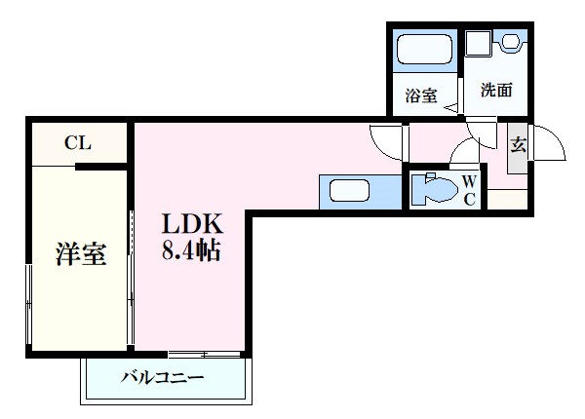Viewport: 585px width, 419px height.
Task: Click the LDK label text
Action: (193, 222)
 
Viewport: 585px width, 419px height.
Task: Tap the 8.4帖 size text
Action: (192, 250)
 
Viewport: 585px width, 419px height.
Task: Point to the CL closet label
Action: (77, 143)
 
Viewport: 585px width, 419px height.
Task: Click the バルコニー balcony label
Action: (163, 377)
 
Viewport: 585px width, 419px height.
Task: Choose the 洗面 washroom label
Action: (496, 91)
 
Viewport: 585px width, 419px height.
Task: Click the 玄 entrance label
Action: (519, 146)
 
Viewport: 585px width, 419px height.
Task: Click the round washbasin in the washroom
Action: (511, 42)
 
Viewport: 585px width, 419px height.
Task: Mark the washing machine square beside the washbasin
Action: (478, 44)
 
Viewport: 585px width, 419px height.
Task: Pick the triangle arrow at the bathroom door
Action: (450, 106)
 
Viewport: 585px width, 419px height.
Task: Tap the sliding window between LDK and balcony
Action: (205, 353)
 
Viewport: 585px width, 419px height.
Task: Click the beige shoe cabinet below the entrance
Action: (507, 197)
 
